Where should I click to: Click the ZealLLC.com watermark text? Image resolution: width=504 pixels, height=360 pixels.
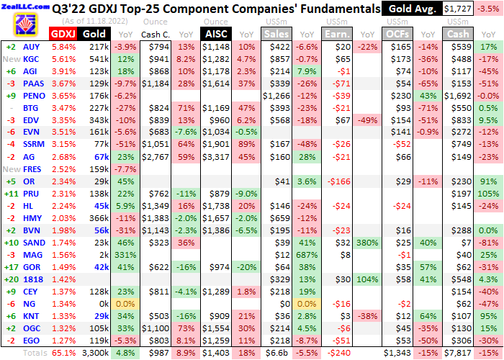(x=24, y=5)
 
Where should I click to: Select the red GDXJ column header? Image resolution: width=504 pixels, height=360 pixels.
(x=62, y=34)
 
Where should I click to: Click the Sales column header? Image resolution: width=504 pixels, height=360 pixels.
(x=278, y=34)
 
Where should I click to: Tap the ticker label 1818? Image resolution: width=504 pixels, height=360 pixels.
(x=32, y=279)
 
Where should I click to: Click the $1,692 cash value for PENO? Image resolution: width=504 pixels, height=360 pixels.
(x=459, y=96)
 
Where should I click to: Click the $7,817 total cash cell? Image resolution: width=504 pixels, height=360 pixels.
(x=459, y=353)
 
